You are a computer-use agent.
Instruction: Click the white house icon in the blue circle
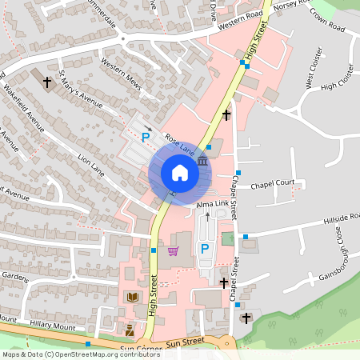click(180, 172)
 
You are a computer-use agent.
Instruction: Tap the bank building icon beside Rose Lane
click(202, 162)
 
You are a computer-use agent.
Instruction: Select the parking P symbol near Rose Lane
click(146, 138)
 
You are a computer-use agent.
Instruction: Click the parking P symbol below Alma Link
click(204, 250)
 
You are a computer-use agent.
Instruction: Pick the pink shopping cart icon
click(173, 250)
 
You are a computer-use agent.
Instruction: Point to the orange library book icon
click(133, 297)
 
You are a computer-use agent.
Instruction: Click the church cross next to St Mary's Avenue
click(47, 81)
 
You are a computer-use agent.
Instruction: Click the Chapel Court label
click(273, 184)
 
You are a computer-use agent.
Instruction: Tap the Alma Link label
click(211, 206)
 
